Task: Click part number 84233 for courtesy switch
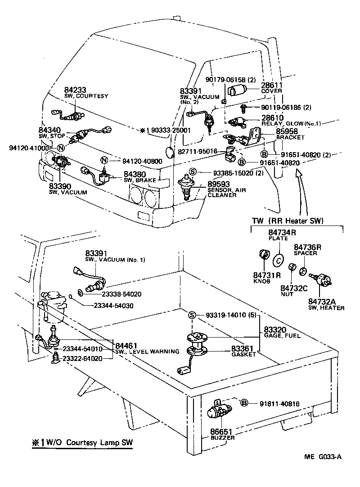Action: [62, 90]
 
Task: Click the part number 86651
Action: [220, 431]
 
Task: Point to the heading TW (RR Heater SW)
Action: [291, 221]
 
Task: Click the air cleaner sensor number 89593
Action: [219, 184]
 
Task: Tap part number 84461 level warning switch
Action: [127, 345]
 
